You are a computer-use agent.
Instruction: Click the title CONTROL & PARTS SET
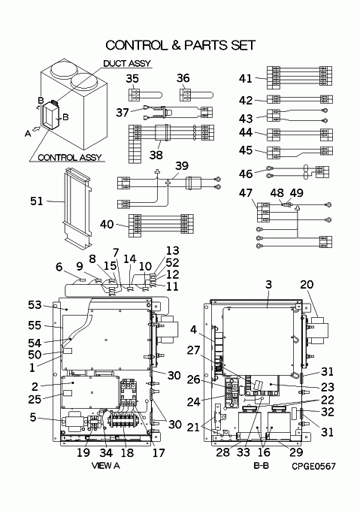(180, 45)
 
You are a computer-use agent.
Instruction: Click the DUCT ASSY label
(127, 63)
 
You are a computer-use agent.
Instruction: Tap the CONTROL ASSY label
(70, 158)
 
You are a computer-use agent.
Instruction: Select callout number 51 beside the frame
(37, 201)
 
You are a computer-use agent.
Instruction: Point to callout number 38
(156, 155)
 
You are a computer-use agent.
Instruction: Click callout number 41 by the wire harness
(245, 79)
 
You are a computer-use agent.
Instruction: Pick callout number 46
(246, 174)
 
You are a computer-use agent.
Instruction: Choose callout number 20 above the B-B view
(307, 285)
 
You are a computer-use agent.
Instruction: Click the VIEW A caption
(105, 466)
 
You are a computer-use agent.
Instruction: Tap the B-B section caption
(262, 466)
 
